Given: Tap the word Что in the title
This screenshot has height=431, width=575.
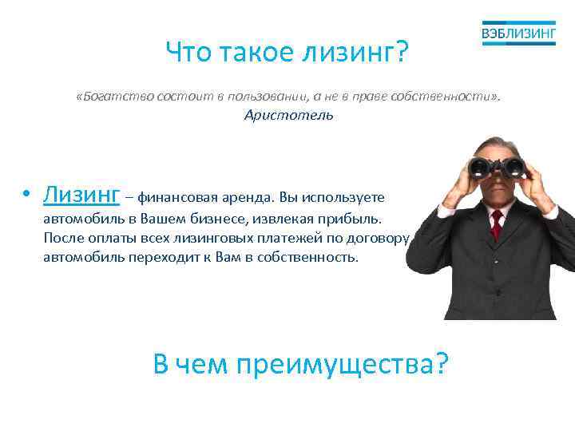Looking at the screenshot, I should [x=189, y=53].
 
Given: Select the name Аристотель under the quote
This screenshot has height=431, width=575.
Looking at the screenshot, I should [x=288, y=116].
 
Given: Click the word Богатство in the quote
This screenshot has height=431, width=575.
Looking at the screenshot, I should [x=109, y=97].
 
